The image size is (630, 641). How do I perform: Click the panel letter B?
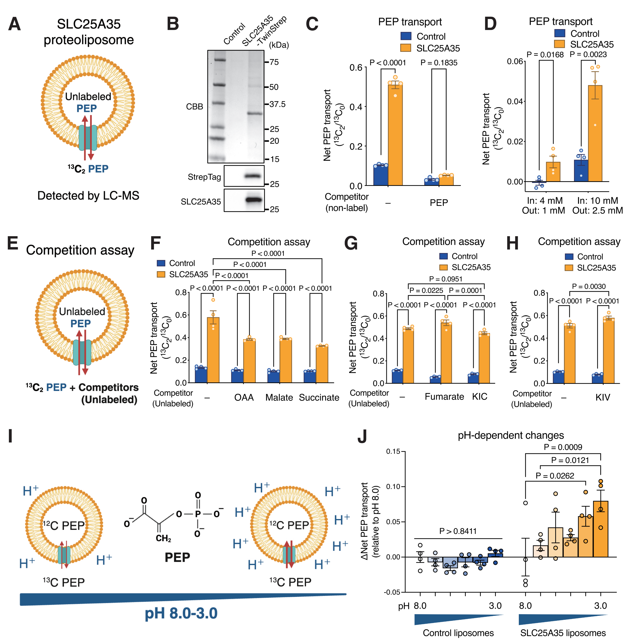point(173,24)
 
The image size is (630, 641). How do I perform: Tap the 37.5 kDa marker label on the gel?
point(277,104)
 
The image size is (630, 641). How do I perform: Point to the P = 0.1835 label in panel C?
point(439,63)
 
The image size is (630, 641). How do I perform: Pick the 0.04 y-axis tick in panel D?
point(515,101)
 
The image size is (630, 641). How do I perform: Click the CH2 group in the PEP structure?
point(163,538)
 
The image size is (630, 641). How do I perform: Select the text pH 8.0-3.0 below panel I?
point(181,613)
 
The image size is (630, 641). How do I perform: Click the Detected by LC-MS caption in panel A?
point(88,196)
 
